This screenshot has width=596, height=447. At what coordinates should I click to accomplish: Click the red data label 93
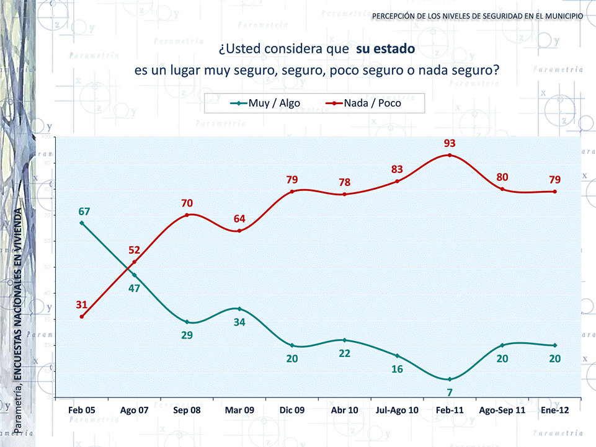450,143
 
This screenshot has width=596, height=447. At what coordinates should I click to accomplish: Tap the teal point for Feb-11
450,379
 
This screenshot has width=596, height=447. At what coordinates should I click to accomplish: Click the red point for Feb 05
82,316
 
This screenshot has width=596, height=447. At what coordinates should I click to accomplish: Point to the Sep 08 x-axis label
187,410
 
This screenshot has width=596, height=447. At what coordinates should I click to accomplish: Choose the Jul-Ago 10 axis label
397,410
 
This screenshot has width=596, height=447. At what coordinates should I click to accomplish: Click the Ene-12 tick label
554,410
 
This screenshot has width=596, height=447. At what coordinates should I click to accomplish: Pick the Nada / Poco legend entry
372,104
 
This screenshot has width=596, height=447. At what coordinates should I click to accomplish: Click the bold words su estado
385,48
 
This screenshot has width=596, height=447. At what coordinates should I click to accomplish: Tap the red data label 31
82,304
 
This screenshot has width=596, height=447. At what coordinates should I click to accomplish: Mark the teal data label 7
450,392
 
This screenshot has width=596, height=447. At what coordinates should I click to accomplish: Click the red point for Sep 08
187,215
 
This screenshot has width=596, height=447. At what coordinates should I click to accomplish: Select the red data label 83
397,169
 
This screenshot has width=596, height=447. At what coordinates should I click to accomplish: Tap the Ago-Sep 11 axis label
502,410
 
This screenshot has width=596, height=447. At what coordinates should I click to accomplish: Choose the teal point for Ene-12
554,345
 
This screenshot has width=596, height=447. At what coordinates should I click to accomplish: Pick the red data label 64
239,219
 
